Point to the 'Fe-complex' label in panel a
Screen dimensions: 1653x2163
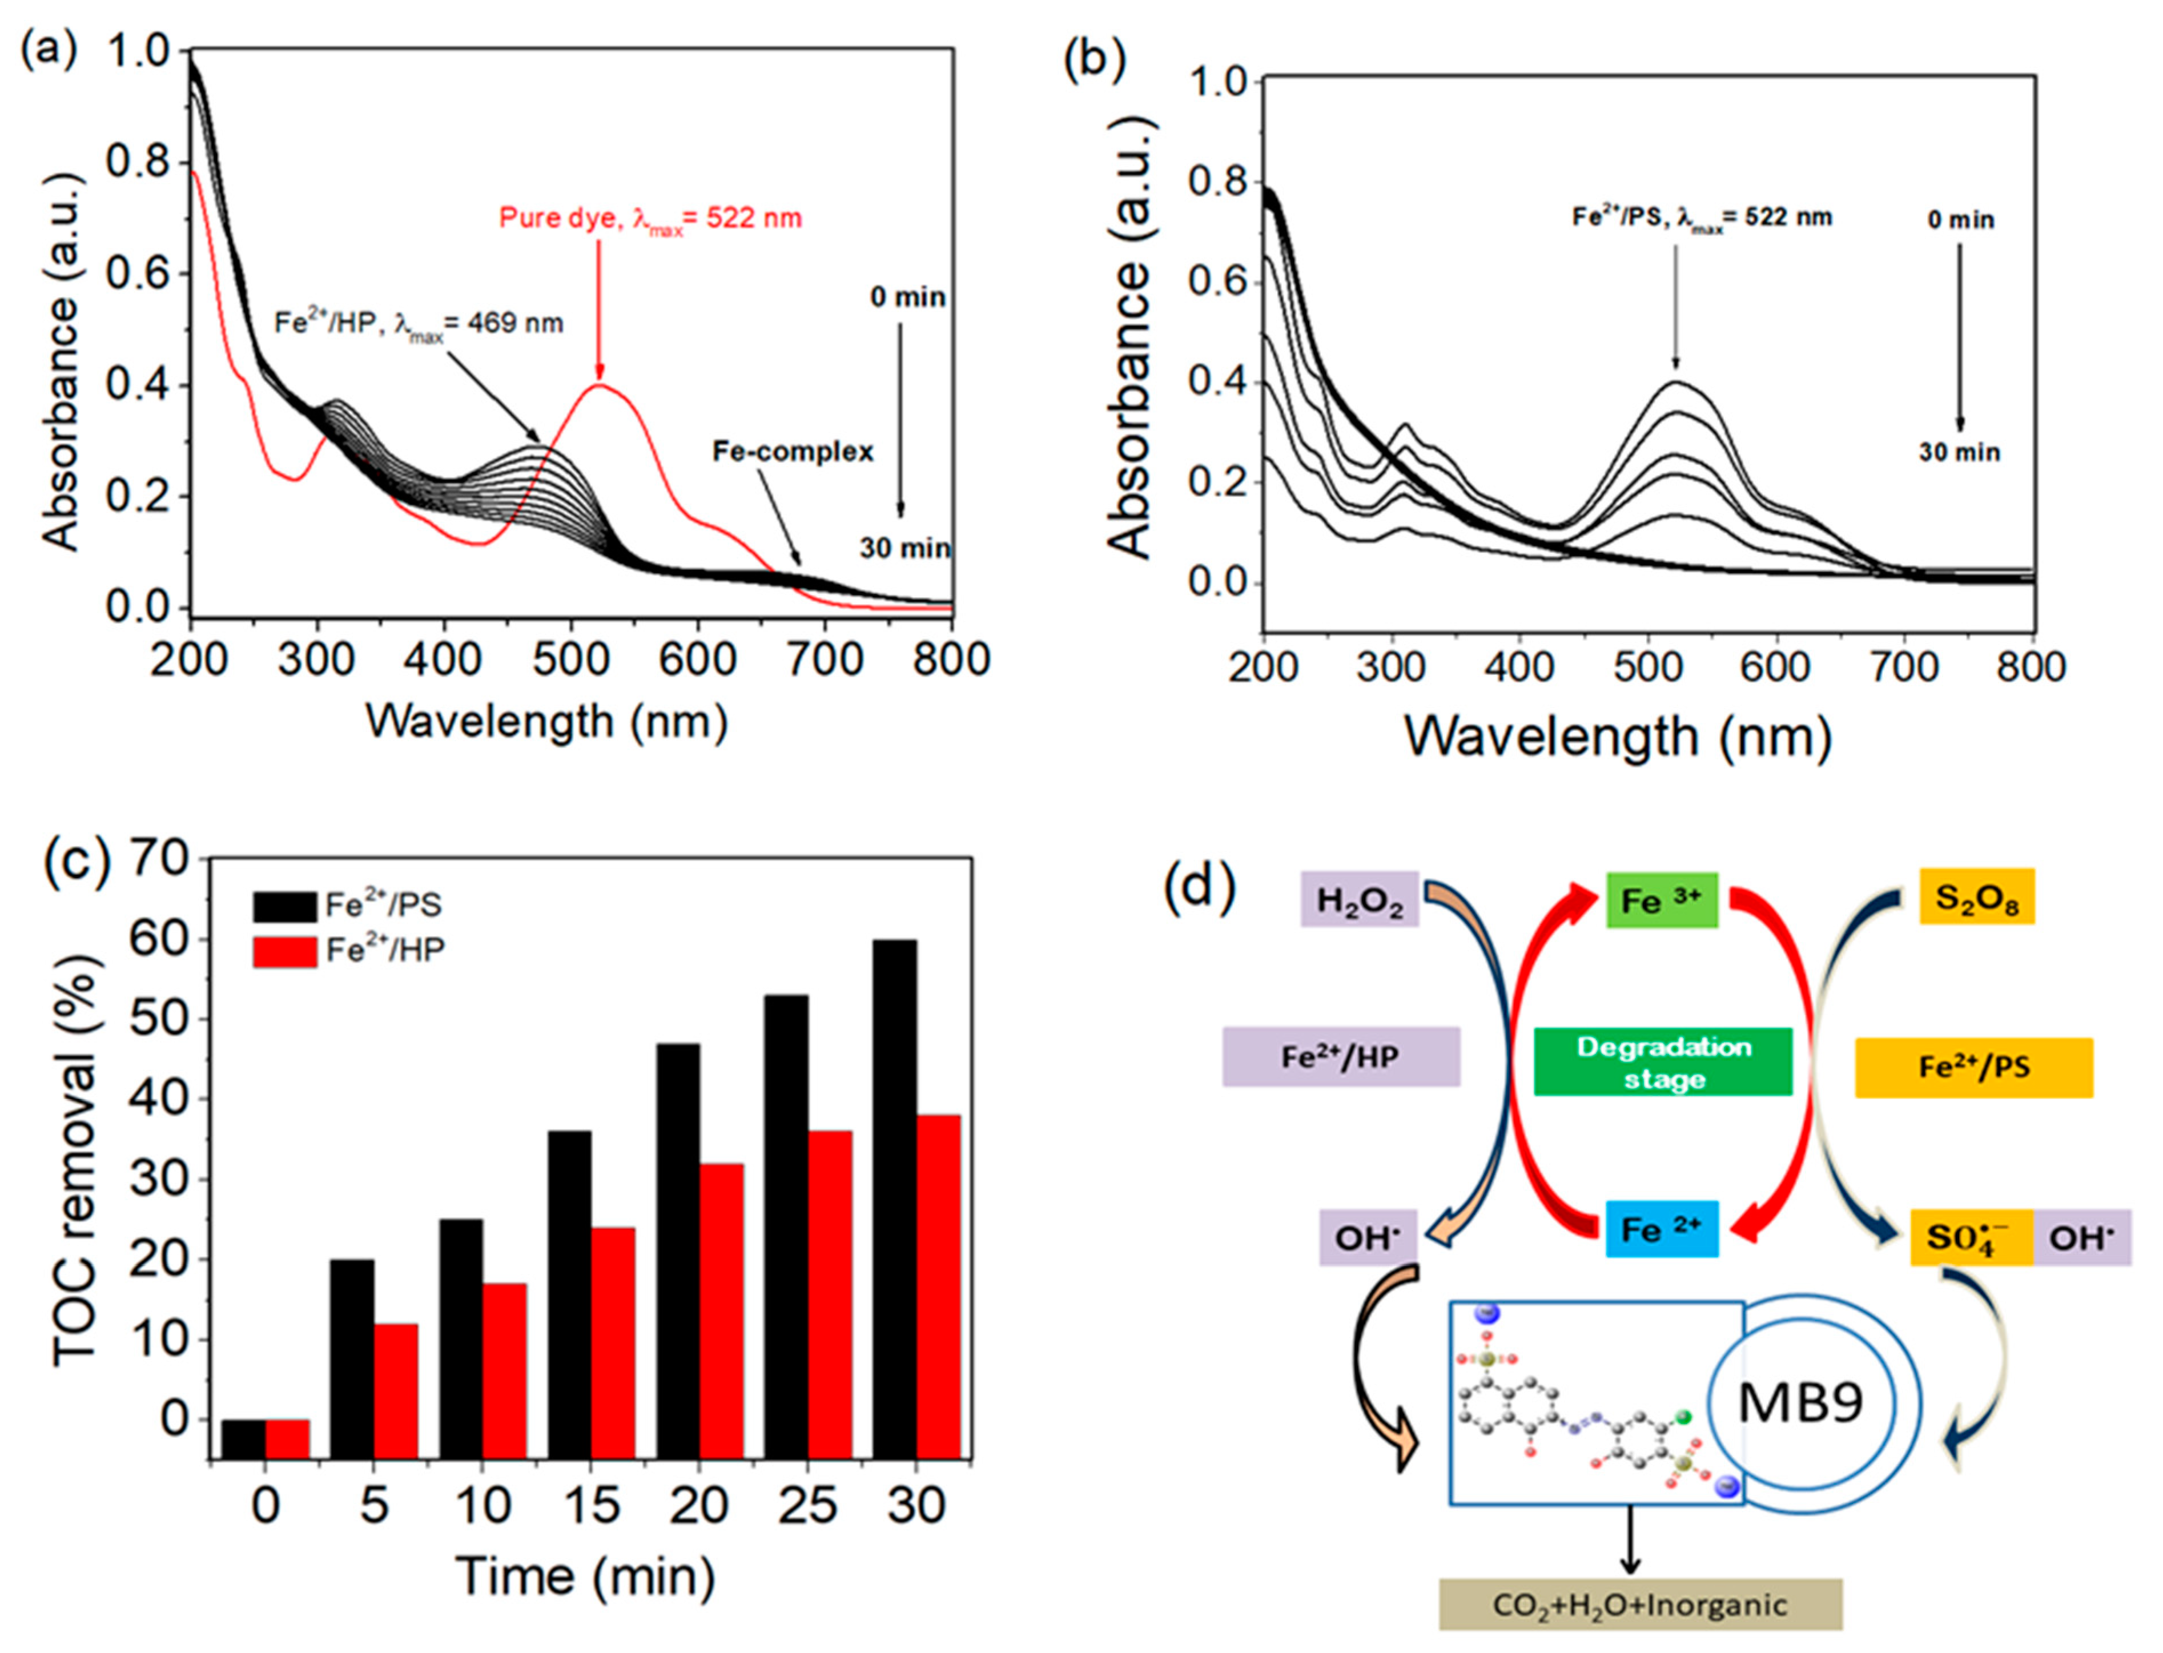[793, 452]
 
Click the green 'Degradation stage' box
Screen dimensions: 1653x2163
[1663, 1061]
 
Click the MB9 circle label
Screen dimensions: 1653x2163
[1801, 1402]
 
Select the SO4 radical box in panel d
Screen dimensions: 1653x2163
[1970, 1237]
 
